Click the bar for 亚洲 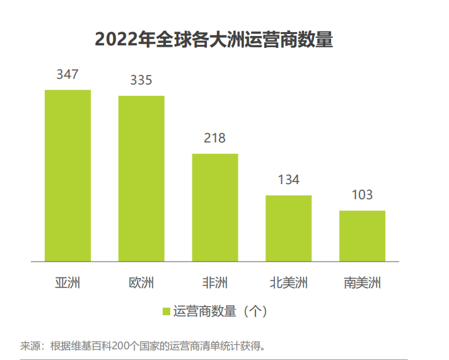click(67, 175)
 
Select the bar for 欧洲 click(141, 178)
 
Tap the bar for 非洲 click(215, 207)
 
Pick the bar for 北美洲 click(288, 228)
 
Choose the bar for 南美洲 click(362, 236)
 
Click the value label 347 click(67, 74)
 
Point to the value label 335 click(141, 80)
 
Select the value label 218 click(214, 138)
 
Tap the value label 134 click(288, 180)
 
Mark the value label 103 click(362, 195)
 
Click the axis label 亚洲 click(67, 282)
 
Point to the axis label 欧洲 click(141, 282)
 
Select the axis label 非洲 click(215, 282)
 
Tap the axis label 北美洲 click(288, 282)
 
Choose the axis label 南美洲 click(362, 282)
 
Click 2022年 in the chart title click(125, 39)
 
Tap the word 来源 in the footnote click(31, 346)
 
